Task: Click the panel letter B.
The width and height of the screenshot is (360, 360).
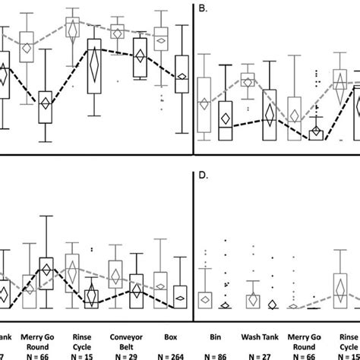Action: pos(203,10)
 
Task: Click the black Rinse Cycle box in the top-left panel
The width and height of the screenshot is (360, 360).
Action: pos(94,70)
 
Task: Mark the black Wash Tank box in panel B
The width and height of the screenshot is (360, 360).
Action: pos(269,115)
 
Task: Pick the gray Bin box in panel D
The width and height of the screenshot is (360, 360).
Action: pos(204,298)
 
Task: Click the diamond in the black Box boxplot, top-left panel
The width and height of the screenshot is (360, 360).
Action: pos(182,76)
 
